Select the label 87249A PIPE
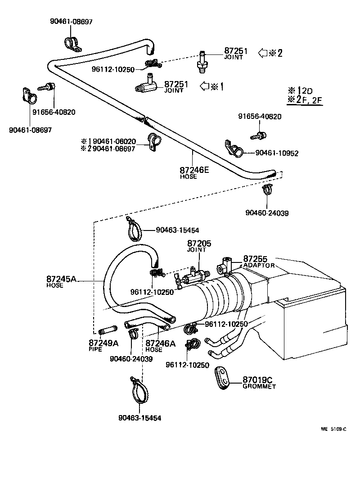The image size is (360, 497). pos(103,345)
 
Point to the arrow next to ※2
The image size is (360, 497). pos(262,53)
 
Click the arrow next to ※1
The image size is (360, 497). pos(204,86)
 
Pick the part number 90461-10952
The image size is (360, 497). pos(277,153)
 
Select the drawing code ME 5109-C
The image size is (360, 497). pos(333,429)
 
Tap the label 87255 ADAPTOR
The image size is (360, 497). pos(258,262)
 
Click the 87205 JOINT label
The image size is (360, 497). pos(199,246)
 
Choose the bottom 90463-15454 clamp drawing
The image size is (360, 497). pos(138,390)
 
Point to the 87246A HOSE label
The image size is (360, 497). pos(160,345)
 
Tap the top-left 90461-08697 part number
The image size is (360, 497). pos(71,21)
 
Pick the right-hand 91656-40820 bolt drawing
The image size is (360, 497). pos(258,135)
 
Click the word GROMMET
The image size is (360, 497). pos(259,386)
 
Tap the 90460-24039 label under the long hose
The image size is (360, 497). pos(267,212)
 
